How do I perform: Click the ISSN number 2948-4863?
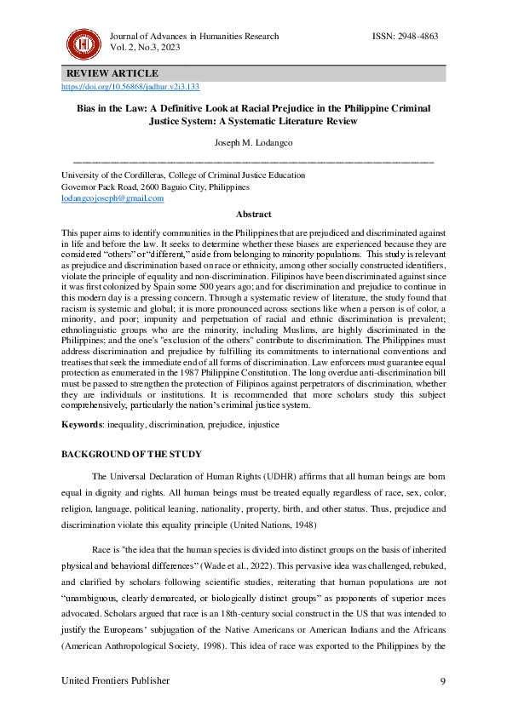pyautogui.click(x=406, y=37)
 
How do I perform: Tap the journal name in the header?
pyautogui.click(x=194, y=37)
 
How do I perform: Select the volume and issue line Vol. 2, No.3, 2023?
pyautogui.click(x=146, y=49)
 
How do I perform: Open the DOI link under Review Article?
pyautogui.click(x=130, y=87)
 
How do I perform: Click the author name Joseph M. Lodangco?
pyautogui.click(x=253, y=144)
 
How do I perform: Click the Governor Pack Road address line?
pyautogui.click(x=156, y=186)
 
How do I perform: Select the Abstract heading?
pyautogui.click(x=253, y=215)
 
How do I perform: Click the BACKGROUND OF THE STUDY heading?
pyautogui.click(x=128, y=455)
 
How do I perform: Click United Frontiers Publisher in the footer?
pyautogui.click(x=116, y=680)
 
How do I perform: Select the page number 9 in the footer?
pyautogui.click(x=442, y=680)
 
